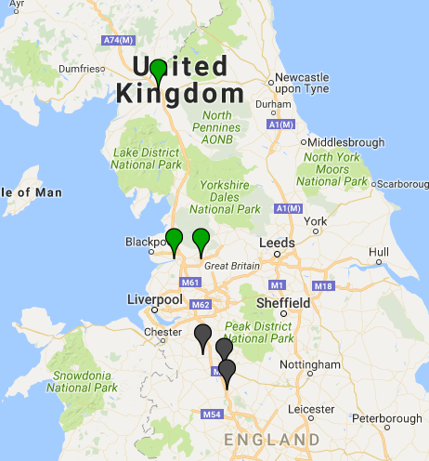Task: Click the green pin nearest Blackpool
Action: [x=174, y=240]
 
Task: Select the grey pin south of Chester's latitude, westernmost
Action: [x=203, y=336]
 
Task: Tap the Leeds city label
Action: [x=278, y=244]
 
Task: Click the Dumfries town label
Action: [x=78, y=69]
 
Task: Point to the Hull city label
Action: [x=378, y=252]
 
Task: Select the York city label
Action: [x=317, y=221]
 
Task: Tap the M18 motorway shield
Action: [x=323, y=285]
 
